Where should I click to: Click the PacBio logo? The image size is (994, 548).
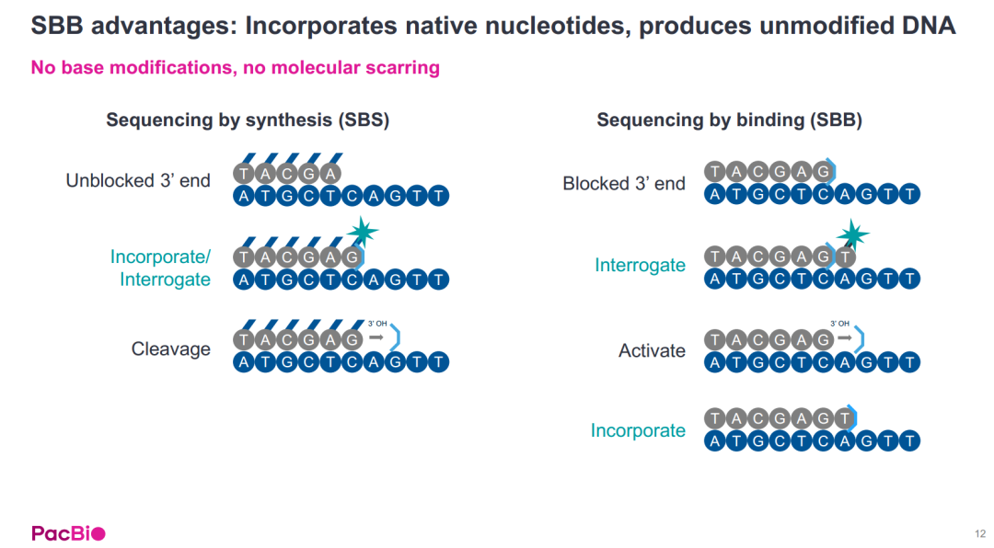pos(68,533)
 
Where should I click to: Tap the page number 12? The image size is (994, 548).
pos(980,534)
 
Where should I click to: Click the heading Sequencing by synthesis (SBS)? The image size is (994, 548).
pos(248,120)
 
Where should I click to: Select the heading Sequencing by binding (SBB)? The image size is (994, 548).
pos(729,120)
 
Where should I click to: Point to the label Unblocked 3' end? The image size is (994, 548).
pos(138,180)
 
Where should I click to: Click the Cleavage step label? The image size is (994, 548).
pos(170,349)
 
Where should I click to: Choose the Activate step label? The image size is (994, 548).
pos(652,350)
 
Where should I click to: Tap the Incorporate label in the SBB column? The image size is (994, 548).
pos(638,430)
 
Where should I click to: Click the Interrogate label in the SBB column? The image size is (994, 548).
pos(640,265)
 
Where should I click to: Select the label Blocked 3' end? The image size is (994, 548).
pos(624,184)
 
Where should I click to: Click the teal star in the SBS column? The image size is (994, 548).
pos(363,232)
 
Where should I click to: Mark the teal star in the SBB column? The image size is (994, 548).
pos(852,235)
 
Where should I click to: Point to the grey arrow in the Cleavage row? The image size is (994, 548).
pos(376,337)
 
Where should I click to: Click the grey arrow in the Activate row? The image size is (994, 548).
pos(844,337)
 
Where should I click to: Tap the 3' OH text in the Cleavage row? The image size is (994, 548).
pos(377,324)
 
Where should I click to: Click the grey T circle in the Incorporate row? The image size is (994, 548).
pos(844,418)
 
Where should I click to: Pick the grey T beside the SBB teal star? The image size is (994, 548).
pos(844,257)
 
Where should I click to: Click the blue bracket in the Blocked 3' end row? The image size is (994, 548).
pos(832,171)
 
